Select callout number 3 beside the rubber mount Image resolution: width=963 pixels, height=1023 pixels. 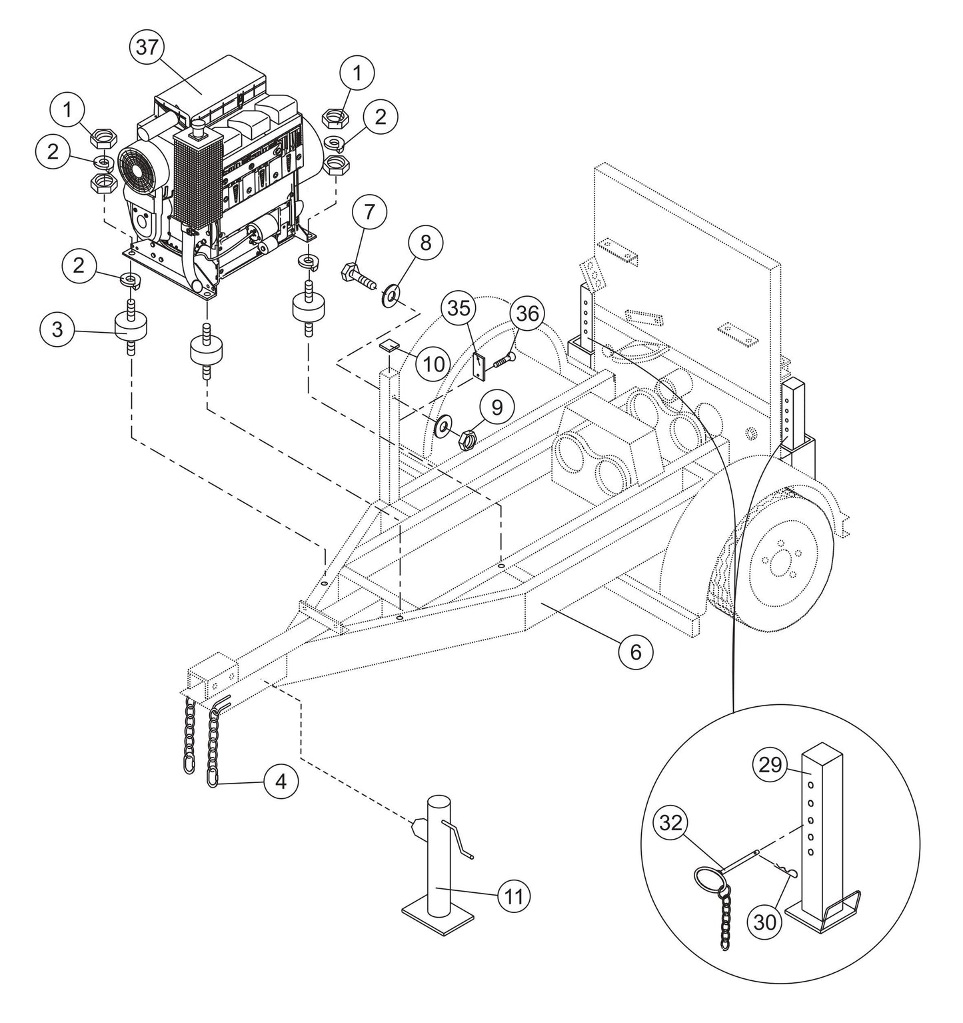coord(58,330)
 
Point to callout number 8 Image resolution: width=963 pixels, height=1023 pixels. coord(425,243)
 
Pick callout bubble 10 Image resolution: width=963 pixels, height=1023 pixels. coord(433,363)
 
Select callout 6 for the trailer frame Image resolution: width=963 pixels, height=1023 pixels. coord(635,652)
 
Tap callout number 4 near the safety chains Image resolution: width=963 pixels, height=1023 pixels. coord(281,780)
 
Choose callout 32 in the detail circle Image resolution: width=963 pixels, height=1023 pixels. coord(672,824)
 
